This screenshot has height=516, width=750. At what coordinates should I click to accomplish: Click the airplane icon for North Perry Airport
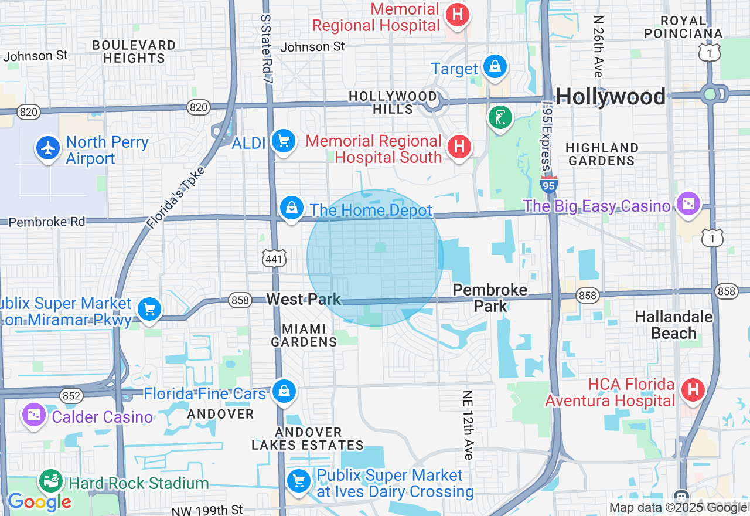click(48, 147)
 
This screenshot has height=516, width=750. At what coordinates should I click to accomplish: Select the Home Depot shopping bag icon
click(291, 208)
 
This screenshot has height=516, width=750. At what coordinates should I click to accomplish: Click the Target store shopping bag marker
click(495, 66)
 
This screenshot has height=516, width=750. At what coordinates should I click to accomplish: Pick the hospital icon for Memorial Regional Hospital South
click(459, 147)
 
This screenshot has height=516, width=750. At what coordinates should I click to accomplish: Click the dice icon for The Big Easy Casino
click(688, 204)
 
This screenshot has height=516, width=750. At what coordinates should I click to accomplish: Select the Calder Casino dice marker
click(33, 415)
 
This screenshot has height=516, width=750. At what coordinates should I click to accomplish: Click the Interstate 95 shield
click(548, 185)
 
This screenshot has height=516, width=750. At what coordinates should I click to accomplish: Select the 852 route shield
click(71, 396)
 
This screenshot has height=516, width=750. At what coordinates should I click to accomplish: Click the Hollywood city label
click(611, 97)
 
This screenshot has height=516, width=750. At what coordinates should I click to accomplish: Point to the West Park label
click(303, 300)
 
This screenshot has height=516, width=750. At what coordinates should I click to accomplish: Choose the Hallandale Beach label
click(674, 325)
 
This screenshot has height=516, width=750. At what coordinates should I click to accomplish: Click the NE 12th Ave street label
click(468, 425)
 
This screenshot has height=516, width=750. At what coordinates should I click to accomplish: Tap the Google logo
click(39, 502)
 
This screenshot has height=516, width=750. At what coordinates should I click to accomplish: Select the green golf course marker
click(500, 118)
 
